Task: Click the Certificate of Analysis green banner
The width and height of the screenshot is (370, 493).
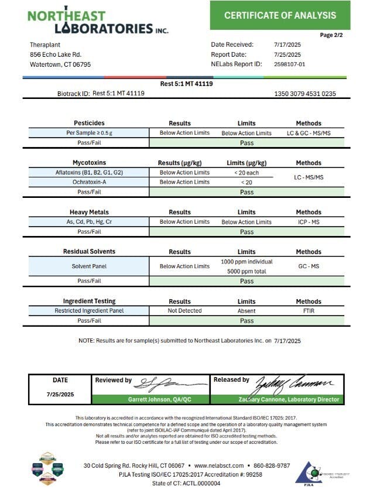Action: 280,15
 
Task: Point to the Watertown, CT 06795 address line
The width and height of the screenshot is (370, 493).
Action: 60,64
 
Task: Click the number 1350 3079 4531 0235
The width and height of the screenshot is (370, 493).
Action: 305,94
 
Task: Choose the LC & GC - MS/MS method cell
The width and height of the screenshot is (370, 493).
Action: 309,133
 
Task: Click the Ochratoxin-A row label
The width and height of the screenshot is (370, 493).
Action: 90,182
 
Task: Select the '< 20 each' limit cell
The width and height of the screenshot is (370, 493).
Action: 246,173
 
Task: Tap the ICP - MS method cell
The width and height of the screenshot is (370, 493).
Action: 309,222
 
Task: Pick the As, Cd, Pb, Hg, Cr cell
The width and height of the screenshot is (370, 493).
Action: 90,222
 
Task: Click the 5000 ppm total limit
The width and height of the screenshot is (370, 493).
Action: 246,271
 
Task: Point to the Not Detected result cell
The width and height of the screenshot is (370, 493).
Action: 184,311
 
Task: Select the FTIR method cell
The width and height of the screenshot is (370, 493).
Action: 309,311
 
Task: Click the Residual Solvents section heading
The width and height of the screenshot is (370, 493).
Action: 89,252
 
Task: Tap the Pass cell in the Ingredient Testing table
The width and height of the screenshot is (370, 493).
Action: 246,321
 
